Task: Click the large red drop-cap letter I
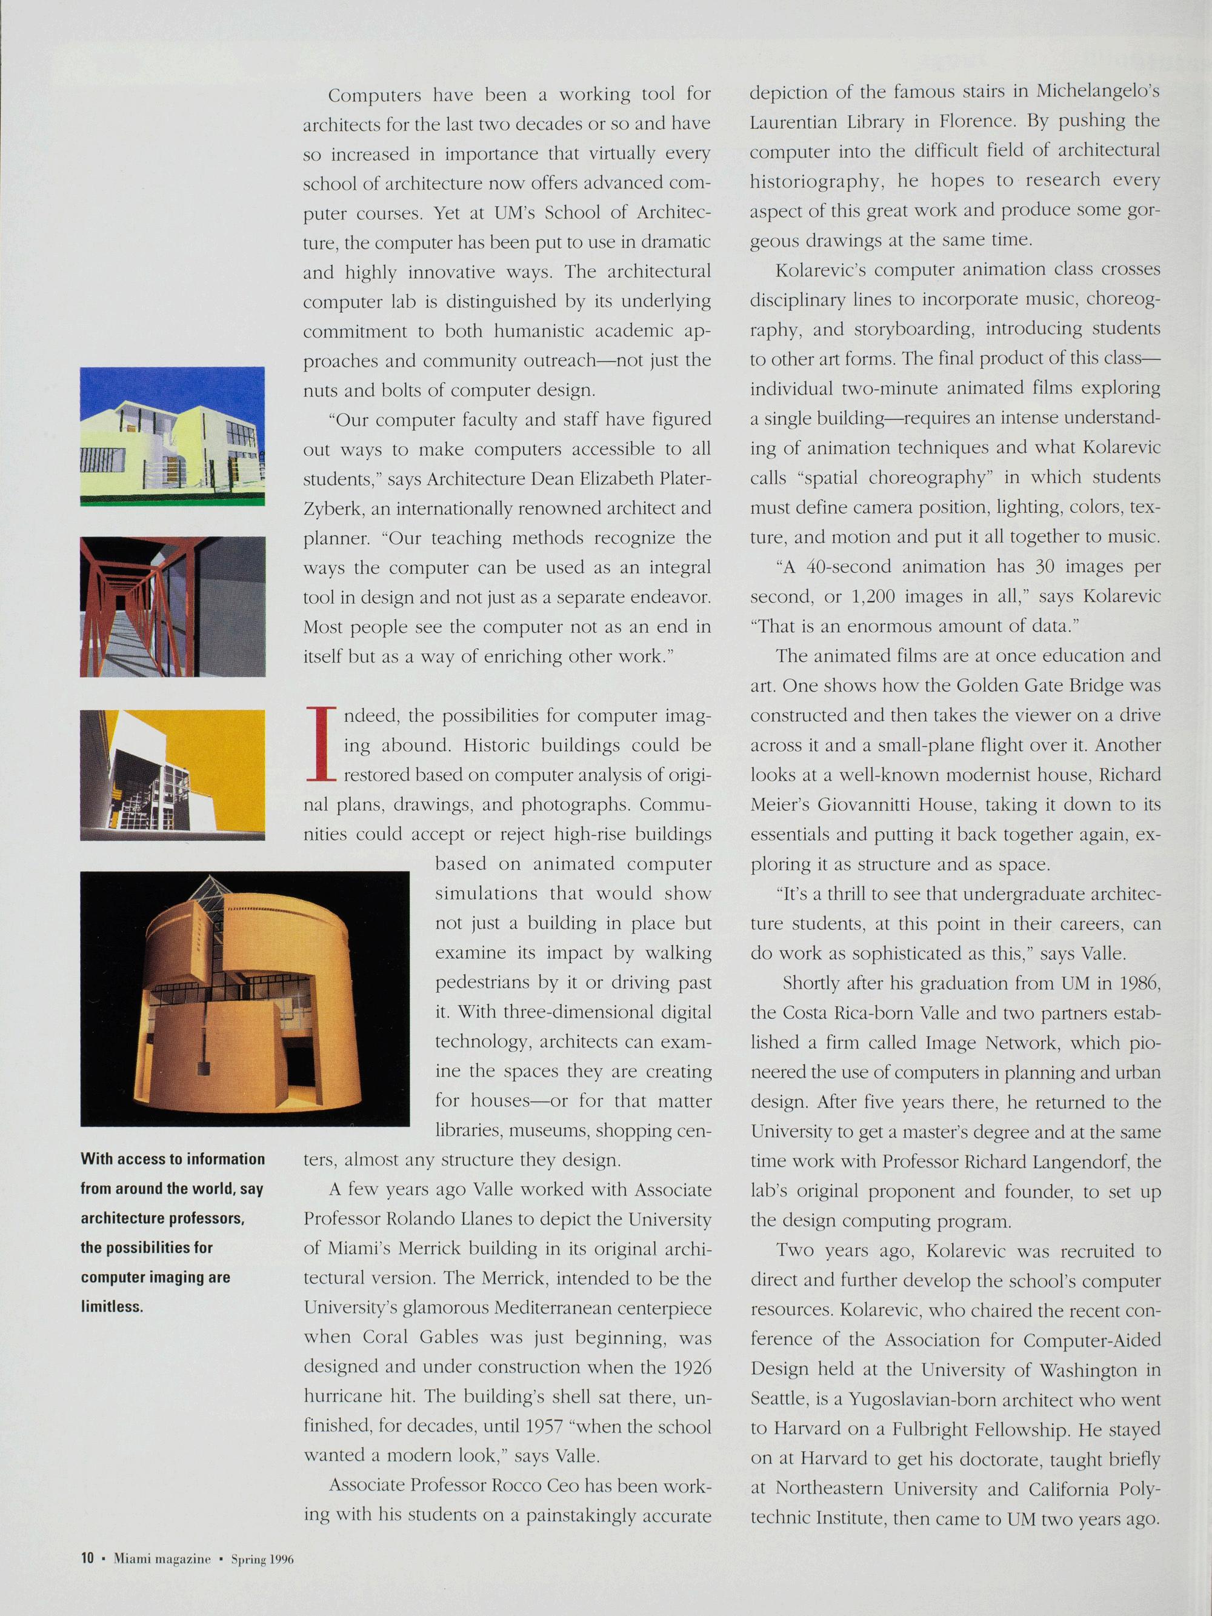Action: [319, 744]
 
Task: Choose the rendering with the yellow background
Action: [173, 775]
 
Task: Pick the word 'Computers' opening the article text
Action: [375, 95]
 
